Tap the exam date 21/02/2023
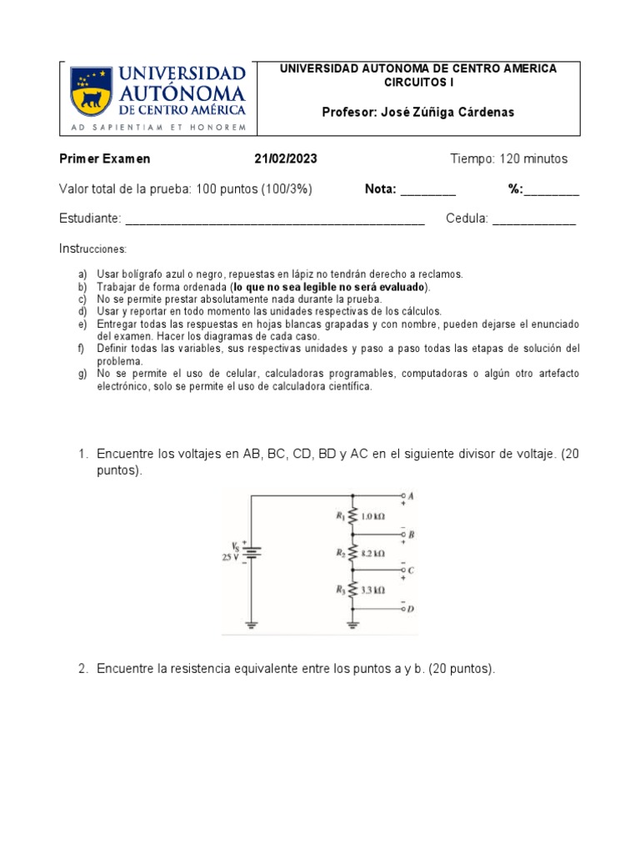point(286,159)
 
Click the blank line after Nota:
point(428,191)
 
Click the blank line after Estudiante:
point(275,220)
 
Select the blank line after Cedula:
point(534,220)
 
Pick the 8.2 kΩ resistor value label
point(373,553)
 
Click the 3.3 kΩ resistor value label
point(373,590)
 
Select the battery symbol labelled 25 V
point(252,552)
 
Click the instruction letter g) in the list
point(82,374)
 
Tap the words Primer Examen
point(104,159)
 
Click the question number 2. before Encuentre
point(83,669)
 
